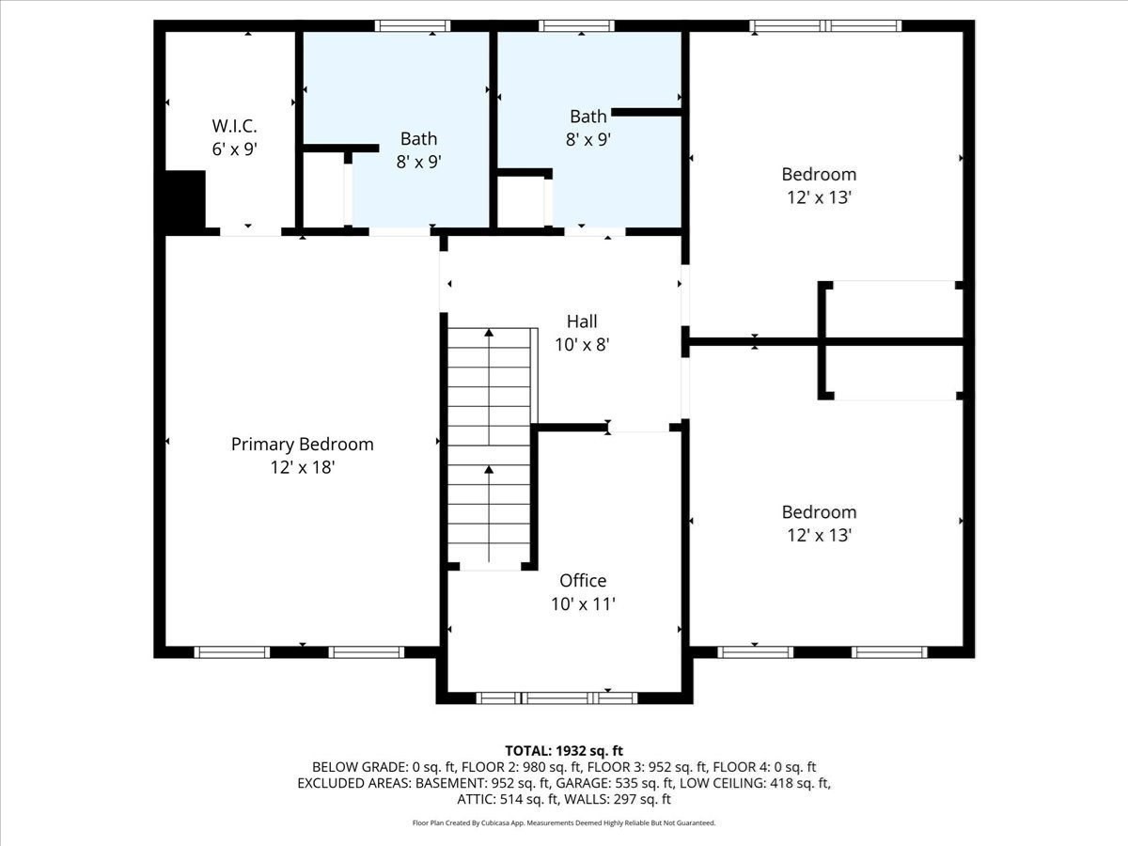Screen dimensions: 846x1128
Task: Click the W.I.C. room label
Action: pyautogui.click(x=234, y=125)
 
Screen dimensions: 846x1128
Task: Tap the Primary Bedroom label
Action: pyautogui.click(x=302, y=445)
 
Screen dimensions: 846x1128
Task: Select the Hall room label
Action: pyautogui.click(x=582, y=321)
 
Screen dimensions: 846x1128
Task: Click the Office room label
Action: pyautogui.click(x=583, y=581)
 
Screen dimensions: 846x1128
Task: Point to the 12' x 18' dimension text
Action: pyautogui.click(x=302, y=467)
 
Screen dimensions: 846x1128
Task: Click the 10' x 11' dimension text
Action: pyautogui.click(x=583, y=603)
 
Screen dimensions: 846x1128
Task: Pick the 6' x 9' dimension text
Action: pyautogui.click(x=234, y=149)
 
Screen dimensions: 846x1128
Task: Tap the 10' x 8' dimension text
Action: pyautogui.click(x=582, y=345)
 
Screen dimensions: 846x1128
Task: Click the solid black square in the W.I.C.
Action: pyautogui.click(x=185, y=199)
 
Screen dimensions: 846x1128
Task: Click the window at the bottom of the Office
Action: pyautogui.click(x=556, y=697)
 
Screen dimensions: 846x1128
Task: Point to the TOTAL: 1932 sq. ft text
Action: pyautogui.click(x=564, y=750)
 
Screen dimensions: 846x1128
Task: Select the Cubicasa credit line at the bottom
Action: pyautogui.click(x=564, y=823)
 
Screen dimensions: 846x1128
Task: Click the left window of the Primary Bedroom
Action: pyautogui.click(x=232, y=651)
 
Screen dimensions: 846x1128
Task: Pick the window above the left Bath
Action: pyautogui.click(x=412, y=26)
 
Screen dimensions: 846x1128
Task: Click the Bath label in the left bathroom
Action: pyautogui.click(x=418, y=138)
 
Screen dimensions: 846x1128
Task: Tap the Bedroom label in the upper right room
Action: pyautogui.click(x=819, y=174)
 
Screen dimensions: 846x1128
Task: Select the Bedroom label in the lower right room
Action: pyautogui.click(x=819, y=512)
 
